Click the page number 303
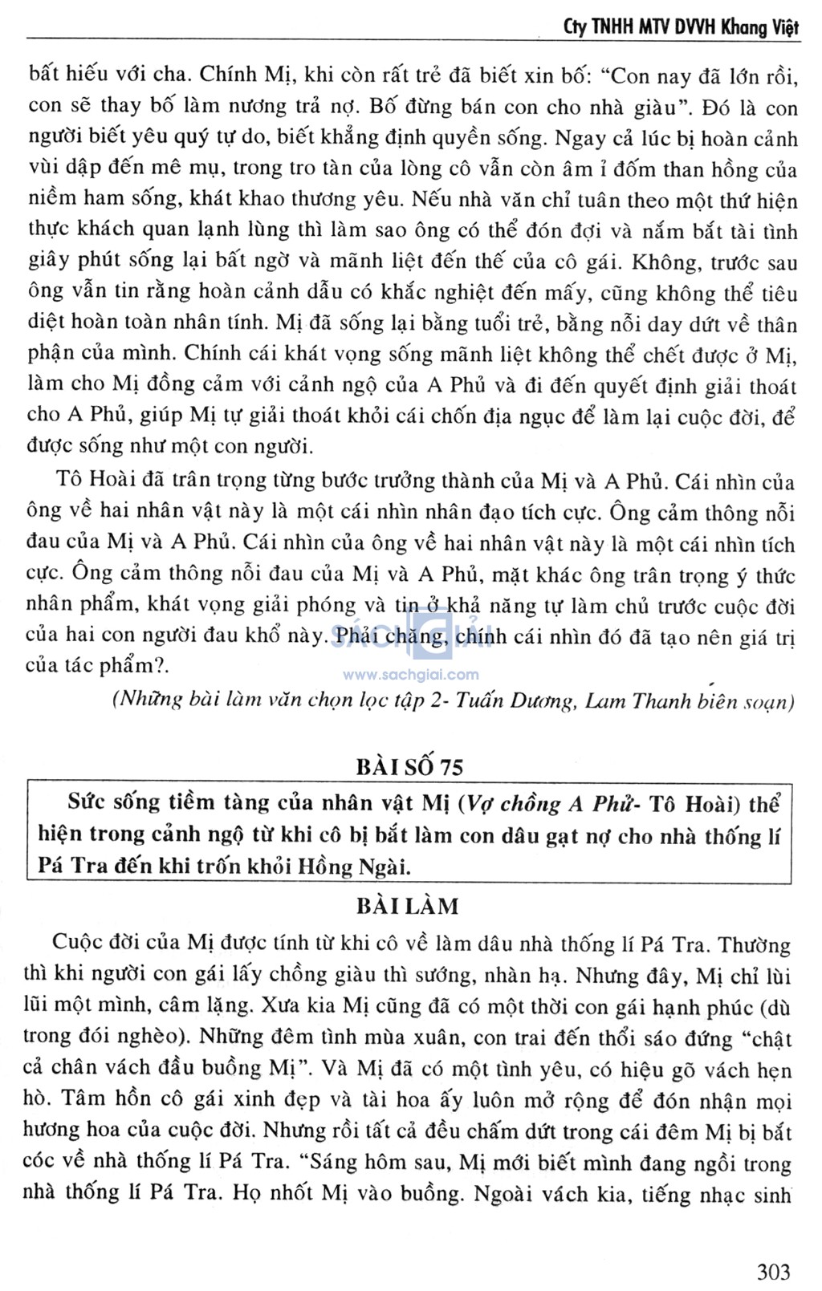[x=773, y=1271]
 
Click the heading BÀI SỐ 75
[x=409, y=767]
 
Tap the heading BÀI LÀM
[x=409, y=907]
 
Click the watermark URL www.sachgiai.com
[x=410, y=675]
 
